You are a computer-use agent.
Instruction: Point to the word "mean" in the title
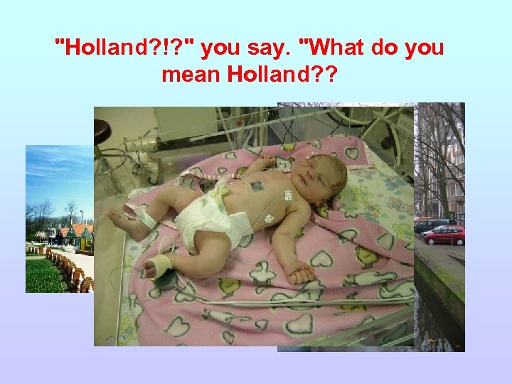click(191, 73)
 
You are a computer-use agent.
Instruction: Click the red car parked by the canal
click(444, 235)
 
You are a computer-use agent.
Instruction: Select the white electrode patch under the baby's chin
click(287, 195)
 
